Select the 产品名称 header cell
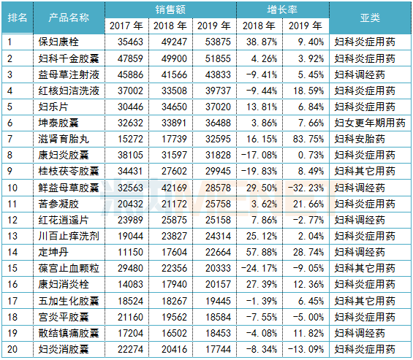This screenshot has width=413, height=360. click(x=69, y=18)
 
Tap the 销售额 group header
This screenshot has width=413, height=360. click(x=170, y=9)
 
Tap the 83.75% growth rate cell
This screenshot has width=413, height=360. click(x=306, y=137)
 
